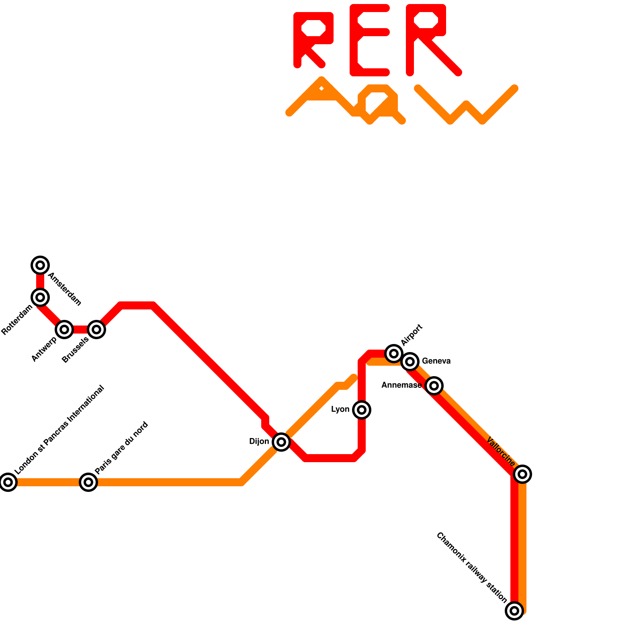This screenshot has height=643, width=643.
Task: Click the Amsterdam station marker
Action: (40, 265)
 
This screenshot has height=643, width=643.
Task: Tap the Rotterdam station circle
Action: (40, 297)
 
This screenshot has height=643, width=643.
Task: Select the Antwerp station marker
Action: (64, 330)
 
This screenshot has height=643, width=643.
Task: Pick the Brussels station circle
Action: (96, 330)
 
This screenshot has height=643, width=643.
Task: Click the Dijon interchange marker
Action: (281, 442)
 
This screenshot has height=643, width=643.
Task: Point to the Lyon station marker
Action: (362, 410)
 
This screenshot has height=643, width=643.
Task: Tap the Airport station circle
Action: (394, 354)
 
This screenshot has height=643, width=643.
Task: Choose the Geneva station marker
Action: (410, 362)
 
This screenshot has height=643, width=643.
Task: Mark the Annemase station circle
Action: (434, 386)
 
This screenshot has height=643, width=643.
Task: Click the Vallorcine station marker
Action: (522, 474)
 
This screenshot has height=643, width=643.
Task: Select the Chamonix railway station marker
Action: (514, 611)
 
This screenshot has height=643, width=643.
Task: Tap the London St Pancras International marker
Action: (8, 482)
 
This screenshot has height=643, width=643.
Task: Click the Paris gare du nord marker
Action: (88, 482)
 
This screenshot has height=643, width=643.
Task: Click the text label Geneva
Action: (436, 361)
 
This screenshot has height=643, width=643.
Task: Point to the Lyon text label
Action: (340, 410)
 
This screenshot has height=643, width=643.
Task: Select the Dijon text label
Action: (259, 442)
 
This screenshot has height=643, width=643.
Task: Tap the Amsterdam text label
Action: (65, 289)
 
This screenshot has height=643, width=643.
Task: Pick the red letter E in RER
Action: (369, 40)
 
